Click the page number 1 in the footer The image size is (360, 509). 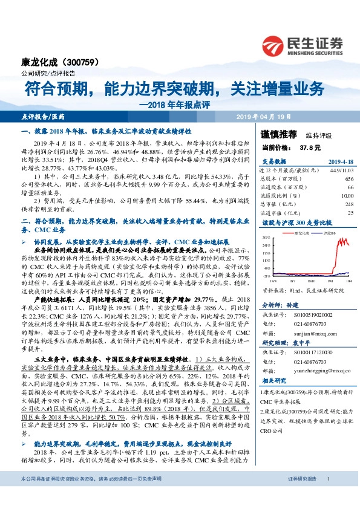[x=327, y=496]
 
